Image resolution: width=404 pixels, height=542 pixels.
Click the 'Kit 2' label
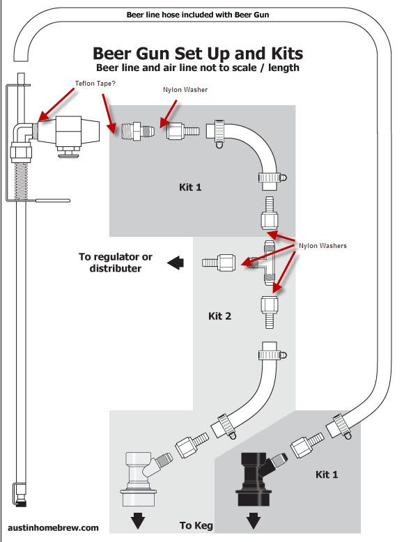point(219,316)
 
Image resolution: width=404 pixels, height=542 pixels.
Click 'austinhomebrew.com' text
point(53,528)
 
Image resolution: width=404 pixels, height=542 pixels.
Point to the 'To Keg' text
point(196,525)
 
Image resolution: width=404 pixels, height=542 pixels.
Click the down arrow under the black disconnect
point(254,521)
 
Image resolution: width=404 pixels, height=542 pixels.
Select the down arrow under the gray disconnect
point(138,521)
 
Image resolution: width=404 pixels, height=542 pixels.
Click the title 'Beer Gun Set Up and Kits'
point(198,54)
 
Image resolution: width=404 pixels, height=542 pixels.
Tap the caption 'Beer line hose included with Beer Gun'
point(197,14)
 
